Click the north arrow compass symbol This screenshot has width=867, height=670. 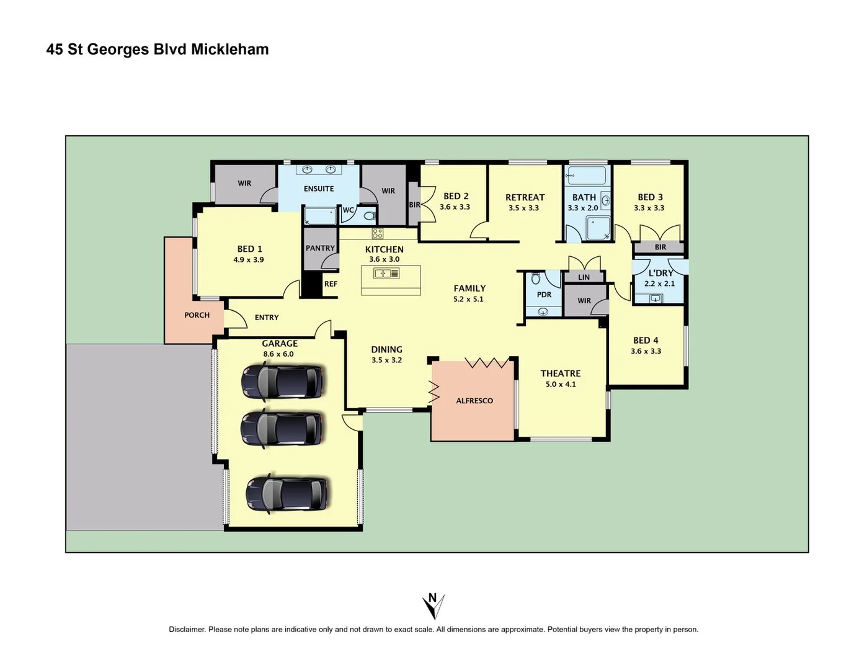point(433,605)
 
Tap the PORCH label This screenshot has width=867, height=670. point(197,315)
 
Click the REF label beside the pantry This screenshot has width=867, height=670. point(331,284)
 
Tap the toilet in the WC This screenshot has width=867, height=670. point(369,216)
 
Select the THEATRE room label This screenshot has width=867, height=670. point(560,373)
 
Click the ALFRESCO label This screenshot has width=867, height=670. point(474,401)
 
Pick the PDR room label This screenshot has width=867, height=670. point(544,295)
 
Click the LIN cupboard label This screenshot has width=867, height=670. point(584,277)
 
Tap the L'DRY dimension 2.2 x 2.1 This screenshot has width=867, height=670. point(659,284)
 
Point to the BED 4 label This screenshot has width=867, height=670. point(646,341)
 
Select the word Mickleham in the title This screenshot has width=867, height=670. point(229,50)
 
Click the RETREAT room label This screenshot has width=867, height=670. point(525,197)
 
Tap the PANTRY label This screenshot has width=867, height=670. point(320,248)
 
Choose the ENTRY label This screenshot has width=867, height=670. point(267,318)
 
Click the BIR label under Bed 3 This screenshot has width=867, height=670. point(660,247)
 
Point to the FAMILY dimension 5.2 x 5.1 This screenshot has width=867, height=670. point(468,299)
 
